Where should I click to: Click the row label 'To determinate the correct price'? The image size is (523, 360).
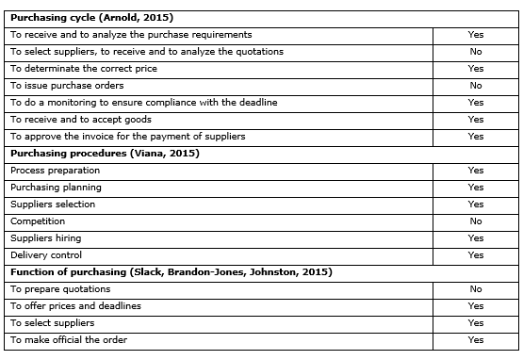pos(84,69)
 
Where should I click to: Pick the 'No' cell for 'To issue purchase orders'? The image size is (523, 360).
pos(475,85)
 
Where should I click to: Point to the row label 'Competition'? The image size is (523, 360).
pos(38,221)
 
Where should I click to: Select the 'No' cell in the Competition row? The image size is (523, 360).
pos(475,221)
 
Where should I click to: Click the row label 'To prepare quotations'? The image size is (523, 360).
pos(60,288)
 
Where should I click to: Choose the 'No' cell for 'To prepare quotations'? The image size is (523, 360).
pos(475,288)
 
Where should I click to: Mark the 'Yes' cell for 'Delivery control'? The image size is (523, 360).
pos(475,254)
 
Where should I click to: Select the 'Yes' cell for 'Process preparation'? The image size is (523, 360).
pos(475,170)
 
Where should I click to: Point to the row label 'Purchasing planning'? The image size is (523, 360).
pos(56,187)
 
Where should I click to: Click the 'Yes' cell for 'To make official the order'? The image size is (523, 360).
pos(475,339)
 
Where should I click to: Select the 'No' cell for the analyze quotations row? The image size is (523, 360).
pos(475,52)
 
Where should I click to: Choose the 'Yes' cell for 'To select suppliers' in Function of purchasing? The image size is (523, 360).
pos(475,322)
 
